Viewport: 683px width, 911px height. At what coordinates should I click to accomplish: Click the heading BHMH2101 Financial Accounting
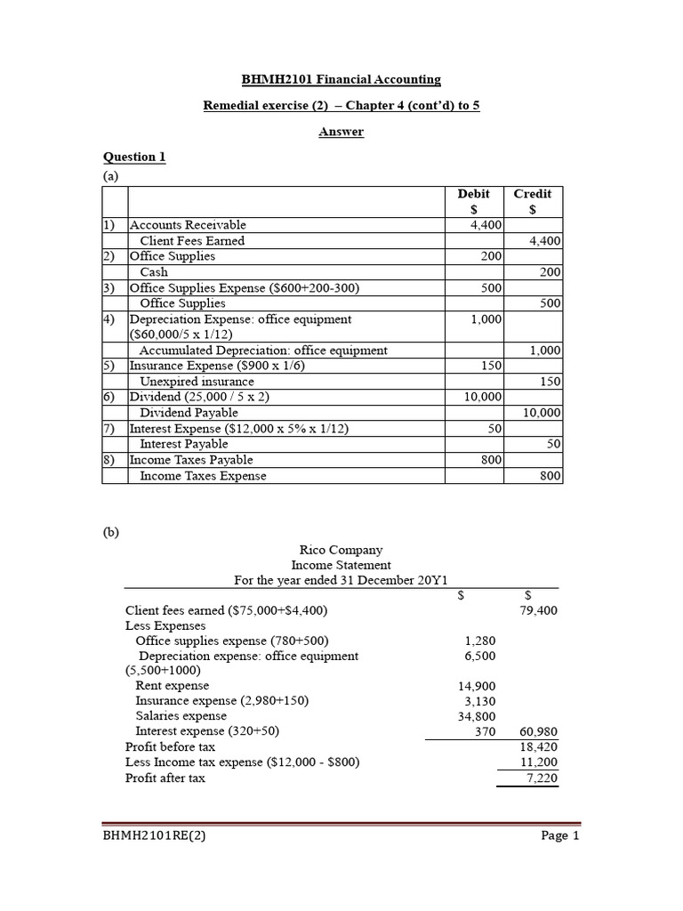(x=341, y=80)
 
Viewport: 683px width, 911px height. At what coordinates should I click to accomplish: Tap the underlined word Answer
(x=341, y=132)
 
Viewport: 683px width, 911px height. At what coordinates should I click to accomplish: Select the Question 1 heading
(x=134, y=157)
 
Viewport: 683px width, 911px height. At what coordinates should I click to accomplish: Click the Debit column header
(x=473, y=194)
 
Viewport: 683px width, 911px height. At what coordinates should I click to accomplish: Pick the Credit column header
(x=533, y=194)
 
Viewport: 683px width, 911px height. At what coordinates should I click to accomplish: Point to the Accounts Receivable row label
(x=189, y=225)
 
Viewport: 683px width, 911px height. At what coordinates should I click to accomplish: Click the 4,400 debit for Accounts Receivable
(x=486, y=225)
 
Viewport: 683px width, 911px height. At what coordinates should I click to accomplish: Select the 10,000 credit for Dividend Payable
(x=541, y=413)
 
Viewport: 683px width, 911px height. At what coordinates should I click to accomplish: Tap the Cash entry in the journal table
(x=154, y=272)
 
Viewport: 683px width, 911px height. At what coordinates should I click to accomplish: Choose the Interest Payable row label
(x=184, y=444)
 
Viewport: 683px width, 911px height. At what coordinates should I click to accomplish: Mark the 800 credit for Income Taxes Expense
(x=550, y=476)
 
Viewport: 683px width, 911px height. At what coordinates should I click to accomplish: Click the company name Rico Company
(x=341, y=550)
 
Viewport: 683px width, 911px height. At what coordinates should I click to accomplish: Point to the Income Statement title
(x=341, y=565)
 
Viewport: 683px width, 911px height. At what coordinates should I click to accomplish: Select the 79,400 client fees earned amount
(x=538, y=611)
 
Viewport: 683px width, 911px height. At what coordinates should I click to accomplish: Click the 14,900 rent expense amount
(x=478, y=686)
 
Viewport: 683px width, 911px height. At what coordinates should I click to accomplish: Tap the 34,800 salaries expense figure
(x=478, y=716)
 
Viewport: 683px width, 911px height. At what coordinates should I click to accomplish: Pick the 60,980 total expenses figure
(x=538, y=731)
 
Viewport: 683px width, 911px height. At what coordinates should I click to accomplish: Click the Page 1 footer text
(x=560, y=836)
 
